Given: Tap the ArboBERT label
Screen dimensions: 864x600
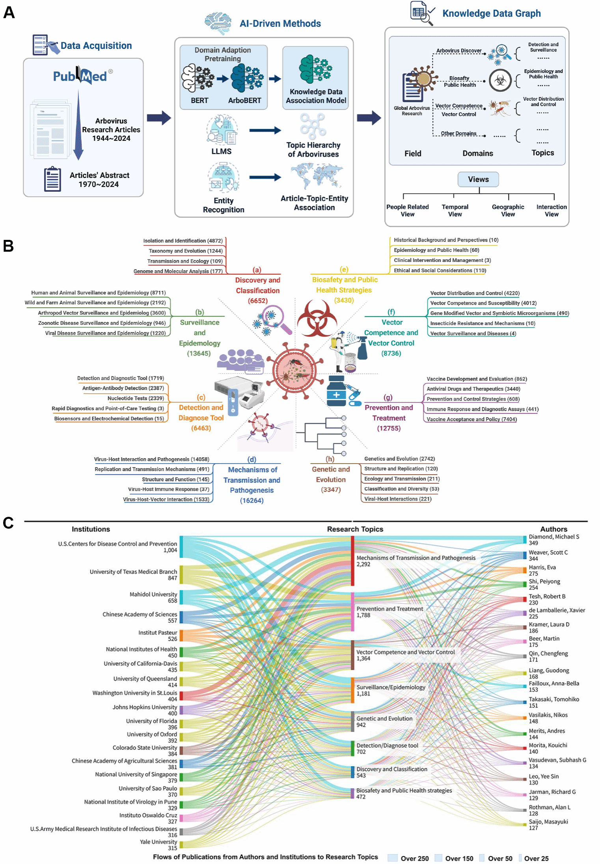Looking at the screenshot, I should [x=244, y=101].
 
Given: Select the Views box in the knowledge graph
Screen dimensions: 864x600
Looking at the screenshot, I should [x=478, y=180].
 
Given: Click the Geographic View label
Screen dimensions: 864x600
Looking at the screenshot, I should [x=508, y=210].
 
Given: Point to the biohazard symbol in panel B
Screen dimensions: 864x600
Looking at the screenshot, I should [x=317, y=318].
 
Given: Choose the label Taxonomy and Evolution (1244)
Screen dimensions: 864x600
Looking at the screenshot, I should [x=185, y=251].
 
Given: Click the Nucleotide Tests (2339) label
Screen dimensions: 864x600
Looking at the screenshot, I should [x=136, y=398].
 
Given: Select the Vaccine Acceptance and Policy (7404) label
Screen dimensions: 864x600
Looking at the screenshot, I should [x=471, y=419].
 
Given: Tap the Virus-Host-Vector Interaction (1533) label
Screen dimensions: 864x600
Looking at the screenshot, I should [x=166, y=499].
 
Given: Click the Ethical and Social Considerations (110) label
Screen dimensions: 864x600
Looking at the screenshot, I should [x=440, y=271].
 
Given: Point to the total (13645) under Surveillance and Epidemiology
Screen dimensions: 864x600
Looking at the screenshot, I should [x=199, y=353].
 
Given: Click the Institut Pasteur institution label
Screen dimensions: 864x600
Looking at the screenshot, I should [x=158, y=632].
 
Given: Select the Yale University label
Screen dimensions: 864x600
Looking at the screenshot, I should [x=158, y=842].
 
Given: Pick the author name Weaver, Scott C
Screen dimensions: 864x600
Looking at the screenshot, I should [x=548, y=552].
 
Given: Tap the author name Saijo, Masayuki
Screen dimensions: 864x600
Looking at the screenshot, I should [x=548, y=822].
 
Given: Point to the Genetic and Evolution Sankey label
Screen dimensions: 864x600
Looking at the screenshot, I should [x=384, y=718].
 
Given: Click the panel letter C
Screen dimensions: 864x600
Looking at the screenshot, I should [x=8, y=523].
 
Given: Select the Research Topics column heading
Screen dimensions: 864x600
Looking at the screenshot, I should [x=355, y=529].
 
